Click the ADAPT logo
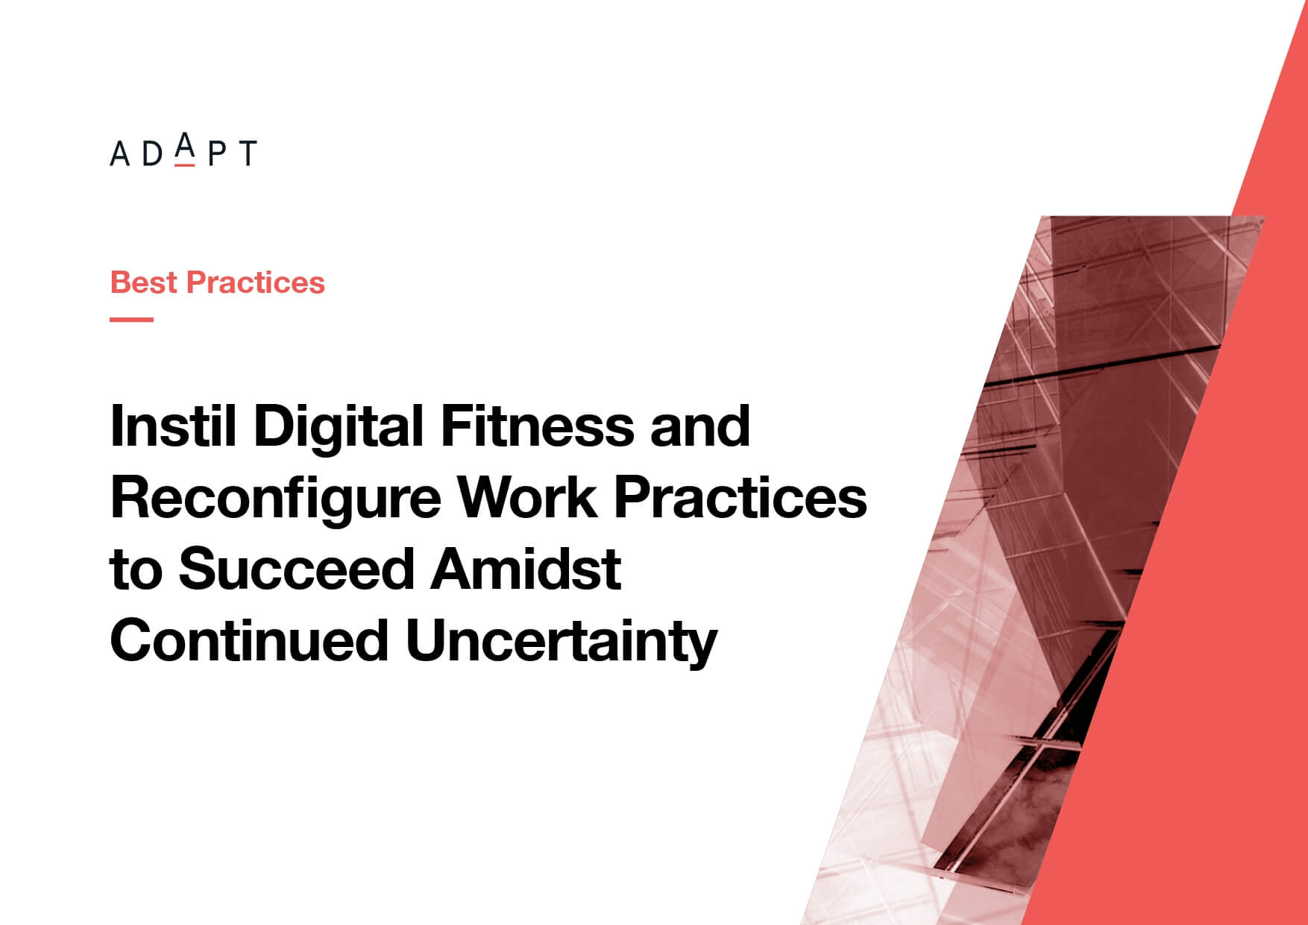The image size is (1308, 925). click(x=183, y=150)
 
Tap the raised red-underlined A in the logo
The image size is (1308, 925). click(x=184, y=148)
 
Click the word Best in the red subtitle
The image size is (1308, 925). click(x=144, y=282)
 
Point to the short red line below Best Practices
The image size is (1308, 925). click(x=132, y=319)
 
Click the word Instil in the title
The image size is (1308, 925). click(x=173, y=426)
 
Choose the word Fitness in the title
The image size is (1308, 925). click(x=537, y=426)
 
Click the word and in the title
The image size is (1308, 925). click(x=699, y=426)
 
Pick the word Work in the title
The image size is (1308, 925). click(x=528, y=497)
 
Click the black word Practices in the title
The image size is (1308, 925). click(x=741, y=497)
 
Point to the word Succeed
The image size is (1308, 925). click(x=296, y=569)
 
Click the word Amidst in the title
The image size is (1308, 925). click(x=526, y=569)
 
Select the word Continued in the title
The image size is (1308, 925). click(x=249, y=640)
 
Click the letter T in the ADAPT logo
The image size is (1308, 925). click(x=247, y=153)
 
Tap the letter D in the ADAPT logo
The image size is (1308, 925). click(x=151, y=153)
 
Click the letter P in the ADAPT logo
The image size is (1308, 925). click(x=217, y=153)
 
